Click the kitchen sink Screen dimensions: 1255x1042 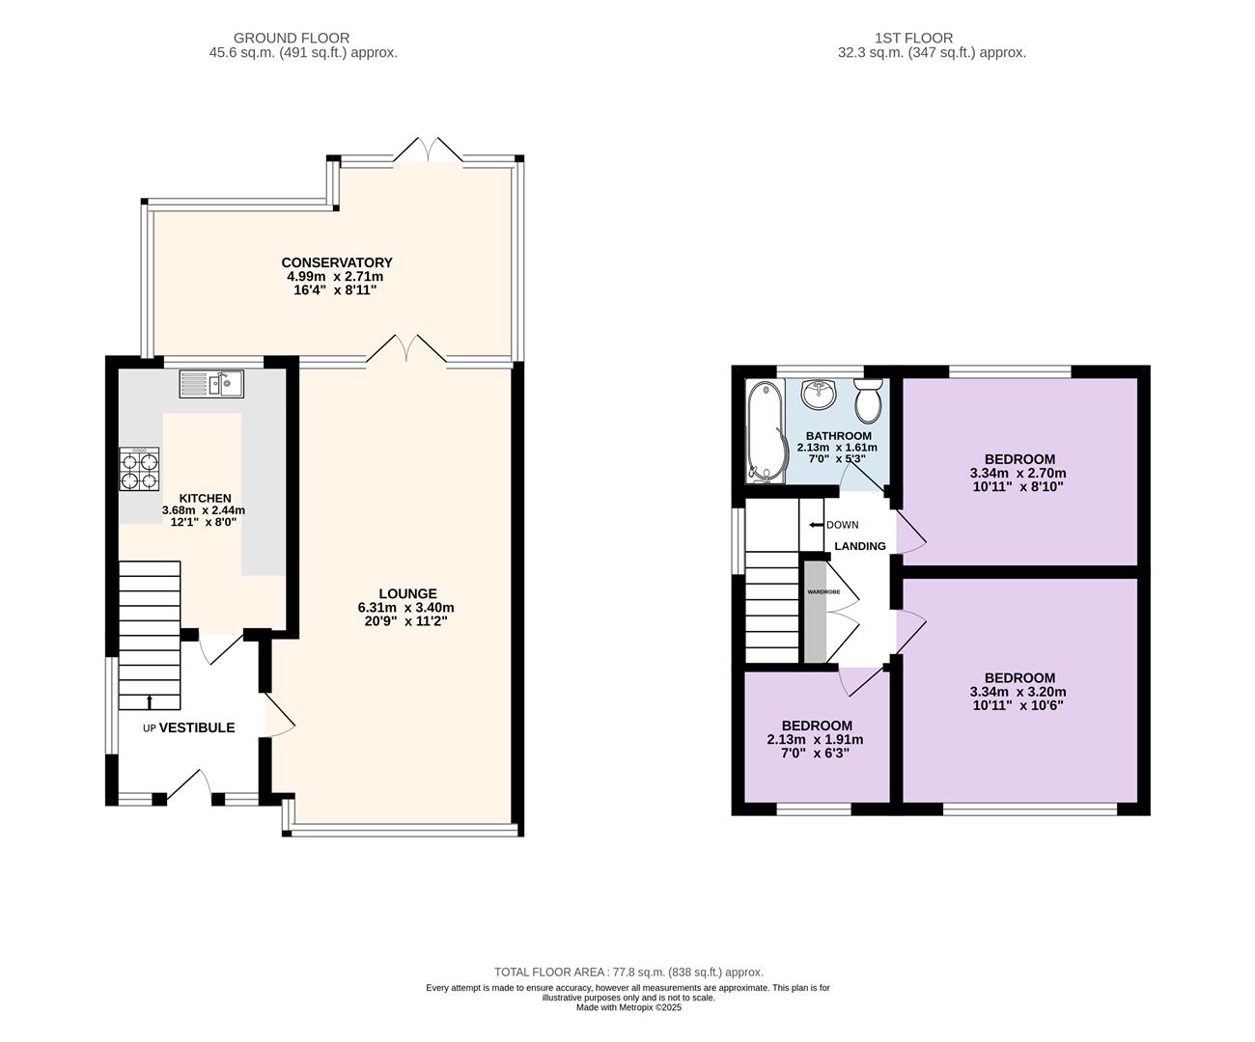click(211, 384)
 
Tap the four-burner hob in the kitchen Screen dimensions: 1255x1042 click(139, 469)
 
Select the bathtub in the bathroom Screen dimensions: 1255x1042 click(766, 431)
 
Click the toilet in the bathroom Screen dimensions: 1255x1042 click(868, 400)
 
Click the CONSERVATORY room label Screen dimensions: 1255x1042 click(337, 262)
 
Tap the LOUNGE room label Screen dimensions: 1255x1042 click(407, 594)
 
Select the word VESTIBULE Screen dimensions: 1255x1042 click(197, 727)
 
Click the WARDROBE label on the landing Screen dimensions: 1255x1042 click(823, 592)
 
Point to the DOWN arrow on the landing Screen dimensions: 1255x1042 click(816, 525)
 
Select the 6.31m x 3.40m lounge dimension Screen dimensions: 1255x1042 click(405, 608)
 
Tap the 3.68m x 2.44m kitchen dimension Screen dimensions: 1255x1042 click(204, 510)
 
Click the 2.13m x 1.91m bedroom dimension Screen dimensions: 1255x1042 click(815, 740)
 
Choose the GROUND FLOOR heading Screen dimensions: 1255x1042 click(292, 38)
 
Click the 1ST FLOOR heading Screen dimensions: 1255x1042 click(913, 38)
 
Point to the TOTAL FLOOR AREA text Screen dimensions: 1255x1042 click(628, 972)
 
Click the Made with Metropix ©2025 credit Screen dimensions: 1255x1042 click(628, 1008)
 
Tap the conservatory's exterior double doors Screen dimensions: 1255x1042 click(428, 150)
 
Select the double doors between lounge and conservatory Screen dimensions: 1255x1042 click(406, 349)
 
